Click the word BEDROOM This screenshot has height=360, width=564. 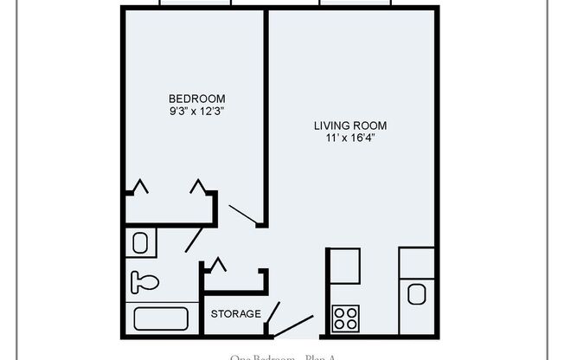tap(197, 98)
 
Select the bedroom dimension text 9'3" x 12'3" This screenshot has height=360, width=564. tap(197, 112)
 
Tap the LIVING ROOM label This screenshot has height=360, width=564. tap(350, 125)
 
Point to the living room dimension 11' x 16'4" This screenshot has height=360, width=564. tap(350, 138)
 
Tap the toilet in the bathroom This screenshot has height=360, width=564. tap(144, 280)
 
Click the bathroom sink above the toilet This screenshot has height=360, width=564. tap(141, 243)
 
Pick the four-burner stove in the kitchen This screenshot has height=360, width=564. tap(346, 318)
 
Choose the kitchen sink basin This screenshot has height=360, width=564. tap(417, 294)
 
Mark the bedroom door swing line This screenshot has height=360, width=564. tap(243, 216)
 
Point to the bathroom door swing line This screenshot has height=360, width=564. tap(195, 236)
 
